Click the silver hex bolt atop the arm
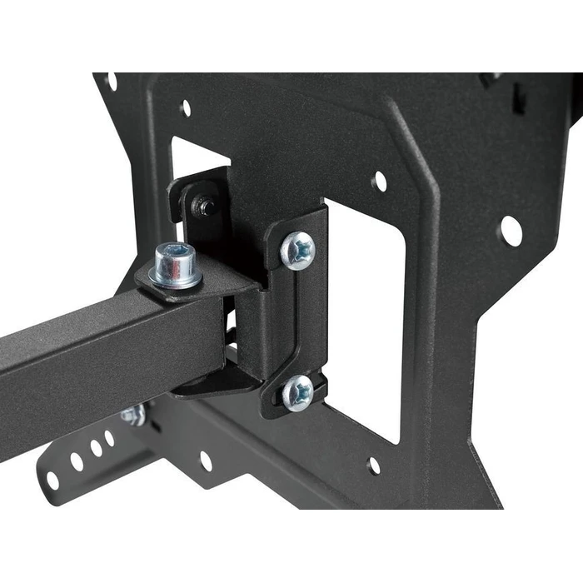click(176, 265)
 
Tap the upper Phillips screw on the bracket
click(298, 249)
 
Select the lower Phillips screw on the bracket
click(297, 391)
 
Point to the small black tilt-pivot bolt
click(202, 206)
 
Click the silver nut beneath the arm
click(133, 415)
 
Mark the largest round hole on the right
click(511, 230)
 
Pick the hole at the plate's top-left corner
click(112, 82)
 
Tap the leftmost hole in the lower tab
click(52, 480)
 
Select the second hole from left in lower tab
click(77, 461)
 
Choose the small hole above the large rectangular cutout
click(379, 181)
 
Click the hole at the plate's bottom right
click(374, 465)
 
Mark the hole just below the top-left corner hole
click(186, 108)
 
